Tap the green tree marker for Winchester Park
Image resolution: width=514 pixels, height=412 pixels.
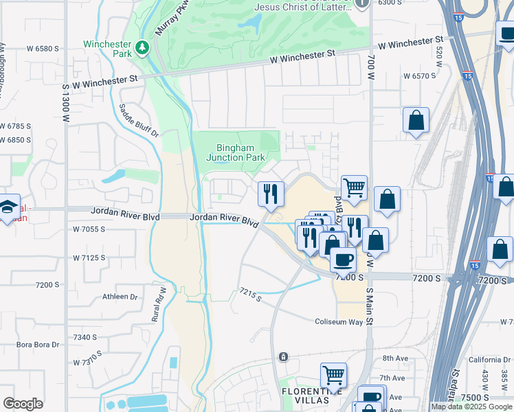pos(142,47)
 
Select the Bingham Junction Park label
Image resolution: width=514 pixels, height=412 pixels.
pos(236,152)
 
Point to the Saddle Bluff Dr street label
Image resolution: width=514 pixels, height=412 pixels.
pos(138,121)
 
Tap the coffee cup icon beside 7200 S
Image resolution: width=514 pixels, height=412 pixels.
pos(343,260)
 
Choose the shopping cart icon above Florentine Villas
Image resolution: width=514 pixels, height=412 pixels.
pos(333,376)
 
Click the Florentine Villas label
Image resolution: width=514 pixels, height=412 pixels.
pos(304,396)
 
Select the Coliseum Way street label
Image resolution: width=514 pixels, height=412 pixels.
pos(338,321)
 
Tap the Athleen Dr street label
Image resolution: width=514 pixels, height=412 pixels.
pos(120,297)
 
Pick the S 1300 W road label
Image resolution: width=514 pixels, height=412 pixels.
pos(66,104)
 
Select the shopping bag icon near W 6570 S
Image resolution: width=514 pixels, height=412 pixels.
pos(416,121)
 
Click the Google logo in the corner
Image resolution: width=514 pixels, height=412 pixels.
pos(23,404)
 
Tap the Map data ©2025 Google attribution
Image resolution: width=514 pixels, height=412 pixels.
pos(471,407)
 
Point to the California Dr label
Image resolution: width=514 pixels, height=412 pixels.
pos(490,359)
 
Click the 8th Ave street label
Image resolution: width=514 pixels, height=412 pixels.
pos(395,358)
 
